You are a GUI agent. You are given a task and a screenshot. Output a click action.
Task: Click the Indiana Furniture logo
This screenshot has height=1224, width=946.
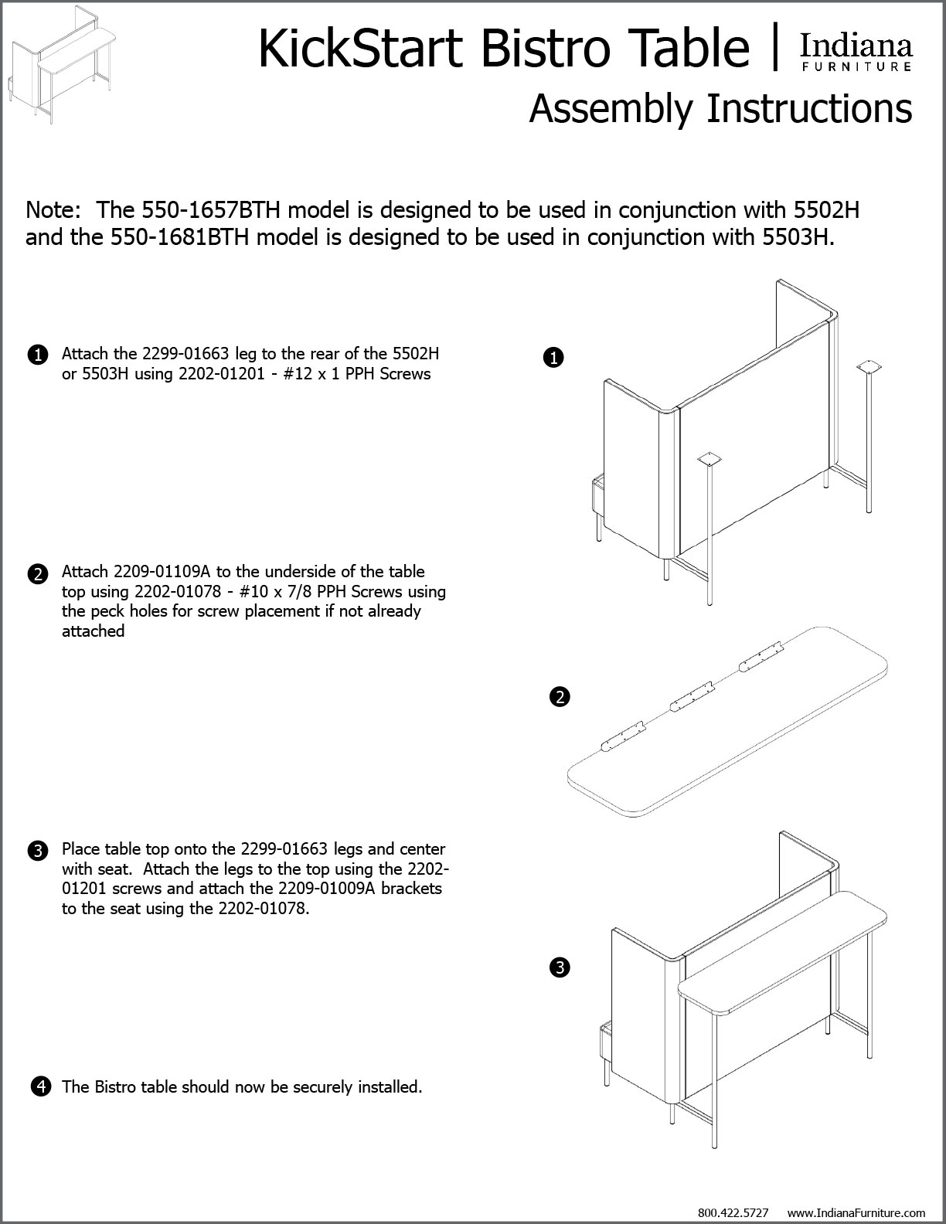coord(856,53)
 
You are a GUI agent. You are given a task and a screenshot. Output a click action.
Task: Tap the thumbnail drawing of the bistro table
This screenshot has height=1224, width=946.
coord(62,65)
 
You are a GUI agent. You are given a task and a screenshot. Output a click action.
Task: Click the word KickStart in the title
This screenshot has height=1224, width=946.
coord(361,49)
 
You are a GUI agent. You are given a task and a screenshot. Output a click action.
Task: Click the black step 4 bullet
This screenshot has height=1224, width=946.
coord(41,1086)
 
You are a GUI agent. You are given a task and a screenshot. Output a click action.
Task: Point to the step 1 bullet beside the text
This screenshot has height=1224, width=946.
coord(38,355)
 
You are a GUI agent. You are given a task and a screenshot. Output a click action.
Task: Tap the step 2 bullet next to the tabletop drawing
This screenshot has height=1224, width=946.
coord(560,697)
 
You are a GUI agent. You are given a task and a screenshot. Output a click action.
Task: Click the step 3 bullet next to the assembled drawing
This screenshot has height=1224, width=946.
coord(560,967)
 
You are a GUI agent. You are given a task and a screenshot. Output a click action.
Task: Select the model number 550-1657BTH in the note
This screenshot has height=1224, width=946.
coord(211,210)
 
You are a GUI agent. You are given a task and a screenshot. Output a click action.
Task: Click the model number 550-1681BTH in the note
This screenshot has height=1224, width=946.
coord(179,237)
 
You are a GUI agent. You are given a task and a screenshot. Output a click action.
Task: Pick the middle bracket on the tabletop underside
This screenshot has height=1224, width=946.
coord(692,696)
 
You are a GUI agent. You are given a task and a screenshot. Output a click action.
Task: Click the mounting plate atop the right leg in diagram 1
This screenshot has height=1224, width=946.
coord(869,367)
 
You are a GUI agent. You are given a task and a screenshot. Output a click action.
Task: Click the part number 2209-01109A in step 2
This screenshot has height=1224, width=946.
coord(162,572)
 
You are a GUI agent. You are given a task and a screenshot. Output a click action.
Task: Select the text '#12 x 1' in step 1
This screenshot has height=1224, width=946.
coord(311,374)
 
